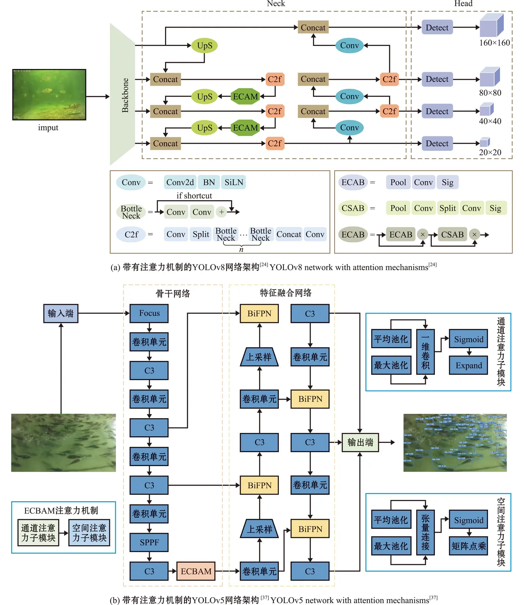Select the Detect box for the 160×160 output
click(437, 27)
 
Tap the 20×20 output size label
click(490, 152)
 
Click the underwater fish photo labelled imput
click(49, 94)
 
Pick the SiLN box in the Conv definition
click(234, 182)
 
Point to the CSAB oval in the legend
click(353, 208)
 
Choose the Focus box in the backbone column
click(149, 313)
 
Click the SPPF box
click(149, 542)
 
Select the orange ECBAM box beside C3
click(196, 571)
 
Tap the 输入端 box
click(61, 313)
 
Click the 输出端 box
click(360, 442)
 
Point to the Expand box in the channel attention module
click(469, 365)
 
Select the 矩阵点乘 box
click(469, 546)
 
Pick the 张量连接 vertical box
click(425, 532)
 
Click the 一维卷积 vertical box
click(425, 352)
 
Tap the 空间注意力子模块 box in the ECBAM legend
click(89, 532)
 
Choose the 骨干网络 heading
click(173, 293)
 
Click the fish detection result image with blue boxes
click(455, 442)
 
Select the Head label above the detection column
click(463, 4)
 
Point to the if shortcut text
click(194, 196)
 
